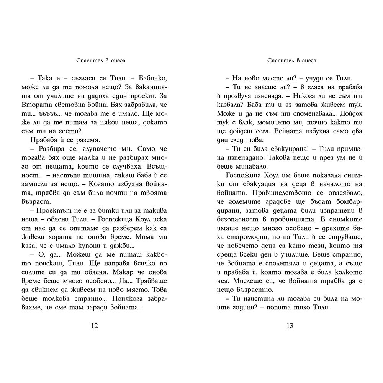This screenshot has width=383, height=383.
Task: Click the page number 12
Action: (95, 326)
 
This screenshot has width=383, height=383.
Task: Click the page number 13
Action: (290, 326)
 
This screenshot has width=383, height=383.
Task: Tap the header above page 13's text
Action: (289, 60)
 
